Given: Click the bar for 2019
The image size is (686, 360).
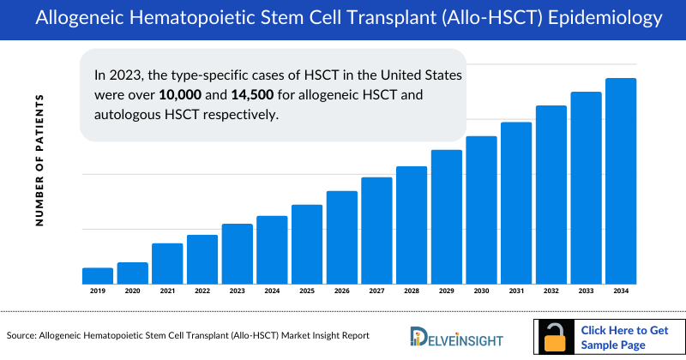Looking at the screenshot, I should (98, 275).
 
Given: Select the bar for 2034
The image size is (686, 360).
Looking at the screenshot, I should (620, 181).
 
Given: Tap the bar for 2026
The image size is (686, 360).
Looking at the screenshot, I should (341, 237).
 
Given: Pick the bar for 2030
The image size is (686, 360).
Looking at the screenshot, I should (481, 210).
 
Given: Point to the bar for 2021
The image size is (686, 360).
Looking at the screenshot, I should (167, 263).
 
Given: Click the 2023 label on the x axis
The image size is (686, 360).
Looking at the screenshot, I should (237, 291).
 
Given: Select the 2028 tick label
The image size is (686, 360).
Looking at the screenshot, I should (412, 291).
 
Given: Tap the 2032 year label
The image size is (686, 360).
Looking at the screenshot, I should (551, 291).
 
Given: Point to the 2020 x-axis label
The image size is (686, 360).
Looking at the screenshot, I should (132, 291).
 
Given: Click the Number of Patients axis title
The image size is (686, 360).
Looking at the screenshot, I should (39, 160).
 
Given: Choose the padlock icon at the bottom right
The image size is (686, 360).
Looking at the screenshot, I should (556, 338).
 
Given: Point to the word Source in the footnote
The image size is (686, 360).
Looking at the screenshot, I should (22, 336).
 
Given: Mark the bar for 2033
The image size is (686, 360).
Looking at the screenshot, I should (586, 188).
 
